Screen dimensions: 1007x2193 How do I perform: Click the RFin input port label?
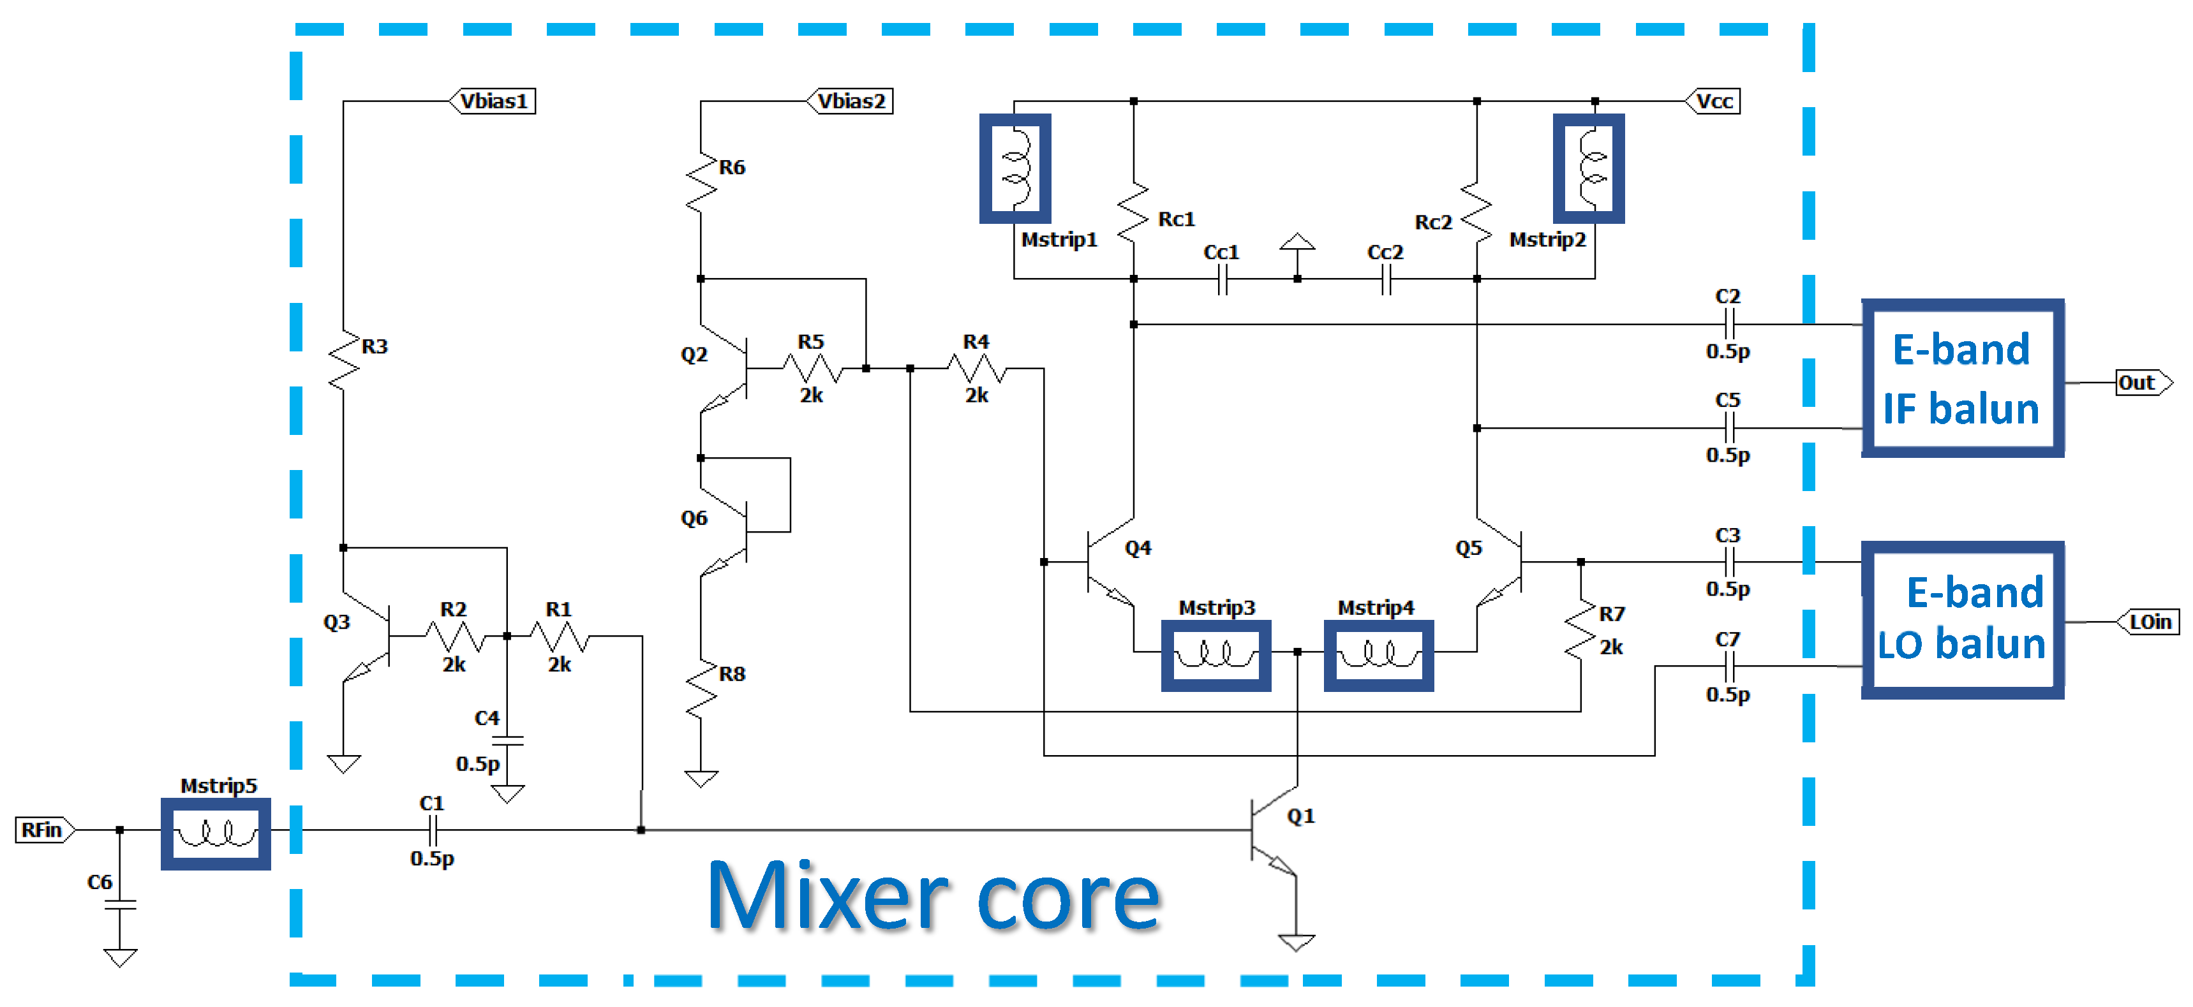[x=43, y=829]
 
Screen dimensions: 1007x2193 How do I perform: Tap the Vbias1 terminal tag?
[x=494, y=101]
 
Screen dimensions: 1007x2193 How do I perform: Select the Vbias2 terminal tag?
[x=851, y=101]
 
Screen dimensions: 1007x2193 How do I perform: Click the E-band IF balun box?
[x=1961, y=378]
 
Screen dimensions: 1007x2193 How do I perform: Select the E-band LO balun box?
[x=1961, y=620]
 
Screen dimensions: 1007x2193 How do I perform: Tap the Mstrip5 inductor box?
[x=216, y=834]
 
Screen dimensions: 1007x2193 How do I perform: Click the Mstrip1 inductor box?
[x=1015, y=168]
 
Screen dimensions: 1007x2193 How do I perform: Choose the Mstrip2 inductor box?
[x=1589, y=168]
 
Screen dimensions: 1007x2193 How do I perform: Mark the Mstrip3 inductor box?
[x=1215, y=654]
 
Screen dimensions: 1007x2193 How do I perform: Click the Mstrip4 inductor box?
[x=1378, y=654]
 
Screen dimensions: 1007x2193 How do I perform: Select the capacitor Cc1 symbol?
[x=1223, y=279]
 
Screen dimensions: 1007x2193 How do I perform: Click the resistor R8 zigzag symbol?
[x=701, y=689]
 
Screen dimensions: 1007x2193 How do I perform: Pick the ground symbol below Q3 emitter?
[x=344, y=763]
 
